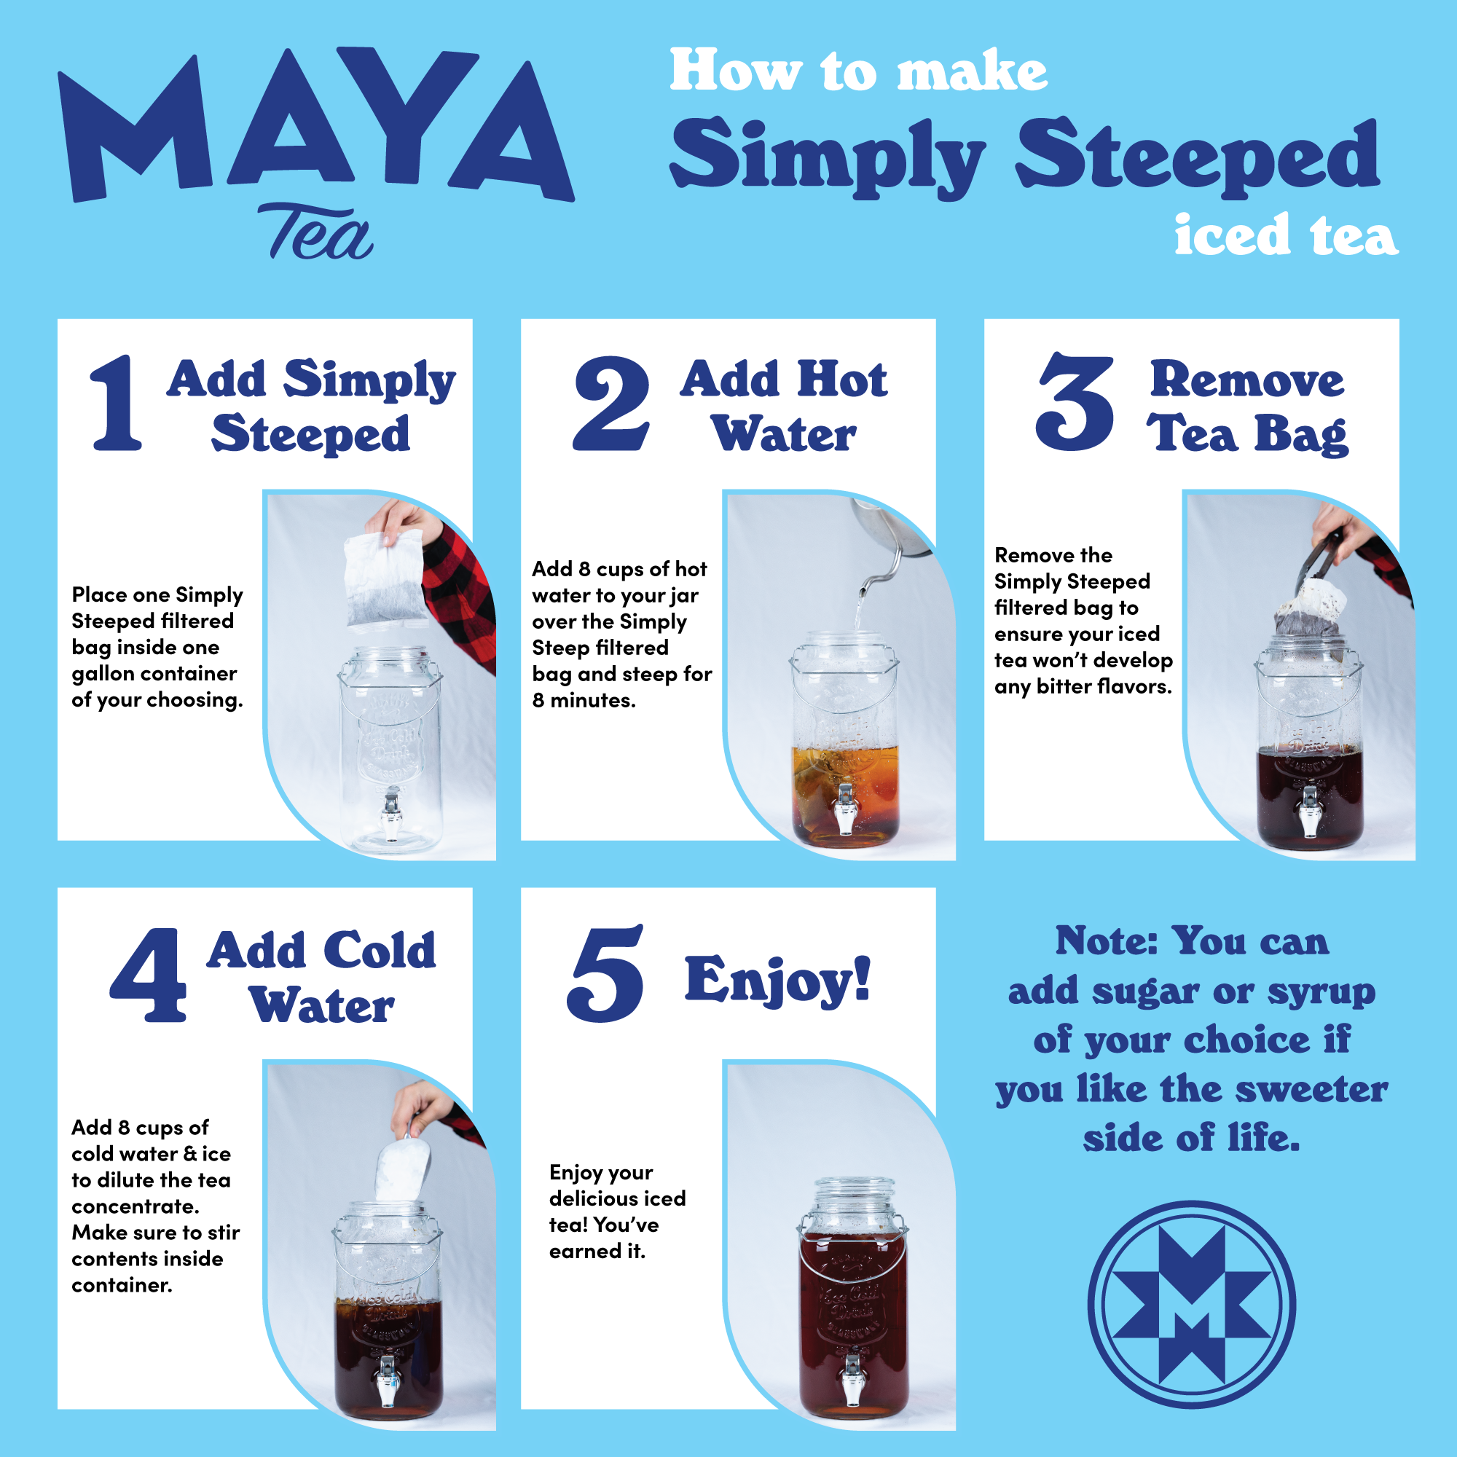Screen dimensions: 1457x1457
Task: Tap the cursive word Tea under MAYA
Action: click(315, 232)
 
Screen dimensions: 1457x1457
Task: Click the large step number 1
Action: click(117, 403)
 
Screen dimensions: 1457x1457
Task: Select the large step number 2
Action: click(611, 403)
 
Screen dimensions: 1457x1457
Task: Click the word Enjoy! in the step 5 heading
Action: click(777, 981)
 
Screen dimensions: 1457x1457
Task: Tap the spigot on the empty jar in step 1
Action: click(390, 814)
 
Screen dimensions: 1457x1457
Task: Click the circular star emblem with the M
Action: click(1192, 1305)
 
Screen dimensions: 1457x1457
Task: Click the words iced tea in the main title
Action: click(1286, 235)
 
